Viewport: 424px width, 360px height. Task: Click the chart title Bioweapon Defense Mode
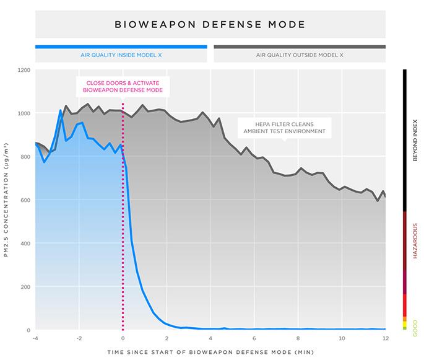click(x=210, y=25)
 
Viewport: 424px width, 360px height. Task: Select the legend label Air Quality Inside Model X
click(x=121, y=55)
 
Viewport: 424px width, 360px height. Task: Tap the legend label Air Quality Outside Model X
click(x=300, y=55)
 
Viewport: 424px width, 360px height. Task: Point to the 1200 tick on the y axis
click(x=24, y=70)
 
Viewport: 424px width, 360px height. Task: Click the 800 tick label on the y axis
click(x=25, y=157)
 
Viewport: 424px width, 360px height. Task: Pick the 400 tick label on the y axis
click(x=25, y=244)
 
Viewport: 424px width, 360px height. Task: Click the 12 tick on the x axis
click(x=386, y=338)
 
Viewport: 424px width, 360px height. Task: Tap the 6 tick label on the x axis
click(x=254, y=338)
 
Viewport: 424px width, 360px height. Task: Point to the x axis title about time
click(x=210, y=351)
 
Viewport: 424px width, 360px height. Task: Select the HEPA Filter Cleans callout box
click(x=285, y=127)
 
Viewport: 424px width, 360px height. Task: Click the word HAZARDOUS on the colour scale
click(x=415, y=240)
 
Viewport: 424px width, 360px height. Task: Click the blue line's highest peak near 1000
click(x=60, y=111)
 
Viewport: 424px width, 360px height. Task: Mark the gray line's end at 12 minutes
click(x=386, y=196)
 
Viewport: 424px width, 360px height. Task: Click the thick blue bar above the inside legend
click(x=121, y=46)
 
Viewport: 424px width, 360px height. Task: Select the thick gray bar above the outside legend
click(x=300, y=46)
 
